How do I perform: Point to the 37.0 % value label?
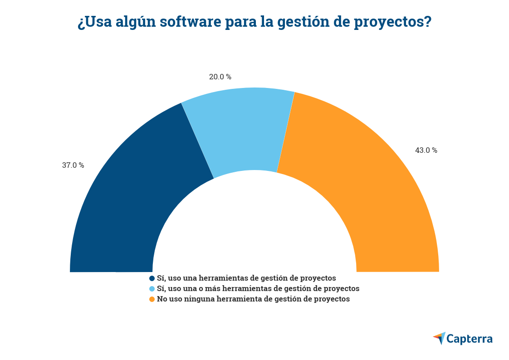point(73,165)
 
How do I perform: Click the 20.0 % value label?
point(220,77)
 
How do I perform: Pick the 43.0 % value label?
point(426,151)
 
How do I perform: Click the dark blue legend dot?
point(152,278)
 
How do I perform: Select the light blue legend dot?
point(152,289)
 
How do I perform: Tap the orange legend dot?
point(152,299)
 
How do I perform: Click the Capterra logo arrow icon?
point(439,338)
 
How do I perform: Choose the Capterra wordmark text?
point(470,339)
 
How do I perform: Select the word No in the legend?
point(162,299)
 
